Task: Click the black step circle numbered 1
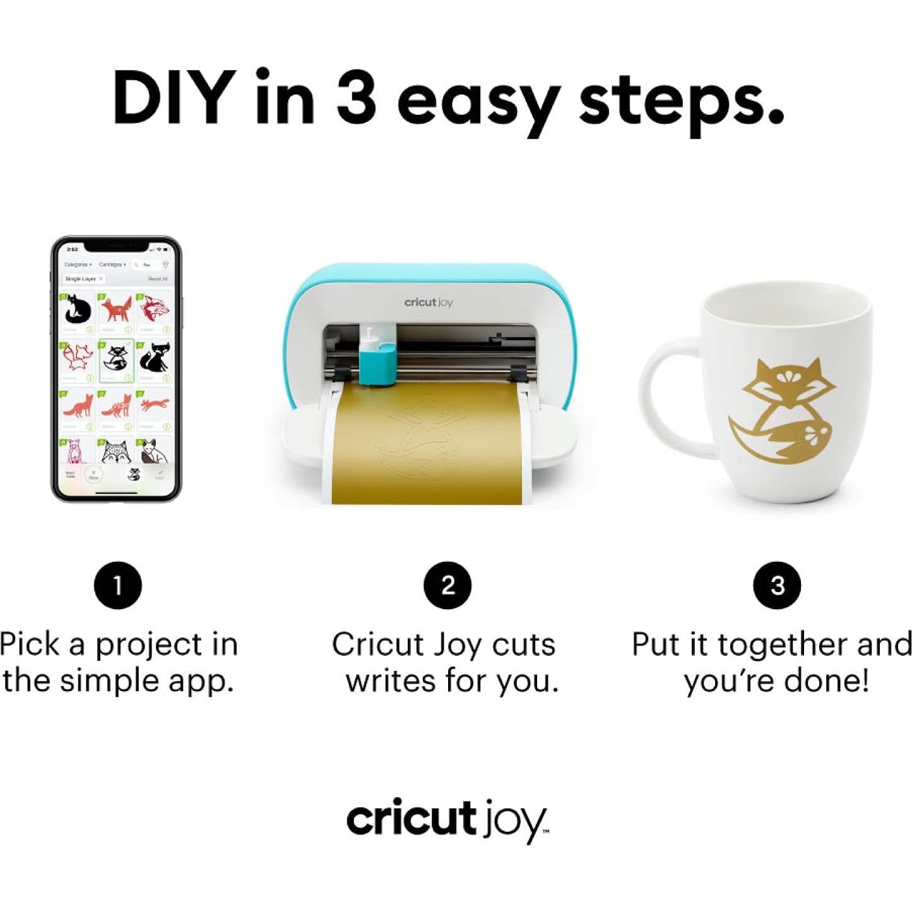[x=117, y=585]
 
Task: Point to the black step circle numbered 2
[x=447, y=585]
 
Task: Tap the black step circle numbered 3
[x=777, y=585]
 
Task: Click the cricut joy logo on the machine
[x=429, y=302]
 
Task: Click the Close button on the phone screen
[x=93, y=475]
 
